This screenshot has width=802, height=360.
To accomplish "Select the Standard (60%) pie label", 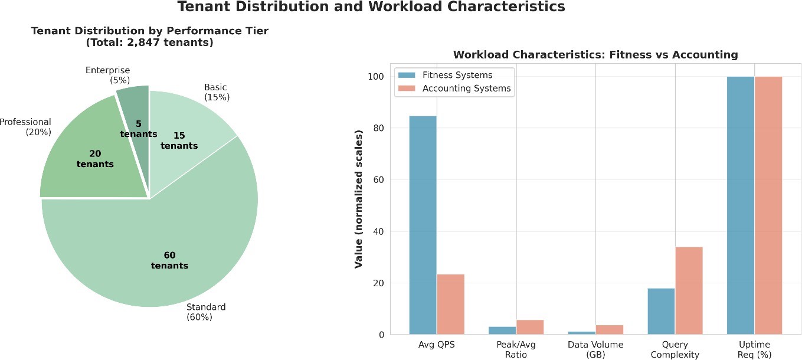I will point(205,312).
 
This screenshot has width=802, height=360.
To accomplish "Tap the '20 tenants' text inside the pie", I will point(95,159).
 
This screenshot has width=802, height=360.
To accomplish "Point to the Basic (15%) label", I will point(216,92).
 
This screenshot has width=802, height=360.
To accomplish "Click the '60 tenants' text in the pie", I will point(169,260).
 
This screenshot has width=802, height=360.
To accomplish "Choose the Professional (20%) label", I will point(26,127).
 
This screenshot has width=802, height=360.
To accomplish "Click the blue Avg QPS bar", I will point(423,224).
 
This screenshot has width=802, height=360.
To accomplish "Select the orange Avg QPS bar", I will point(450,304).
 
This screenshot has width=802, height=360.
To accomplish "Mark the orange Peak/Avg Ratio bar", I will point(530,327).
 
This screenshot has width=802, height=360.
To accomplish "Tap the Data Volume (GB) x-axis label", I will point(595,349).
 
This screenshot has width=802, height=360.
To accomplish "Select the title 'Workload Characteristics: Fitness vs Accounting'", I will point(595,55).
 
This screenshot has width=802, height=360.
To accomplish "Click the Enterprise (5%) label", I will point(107,75).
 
